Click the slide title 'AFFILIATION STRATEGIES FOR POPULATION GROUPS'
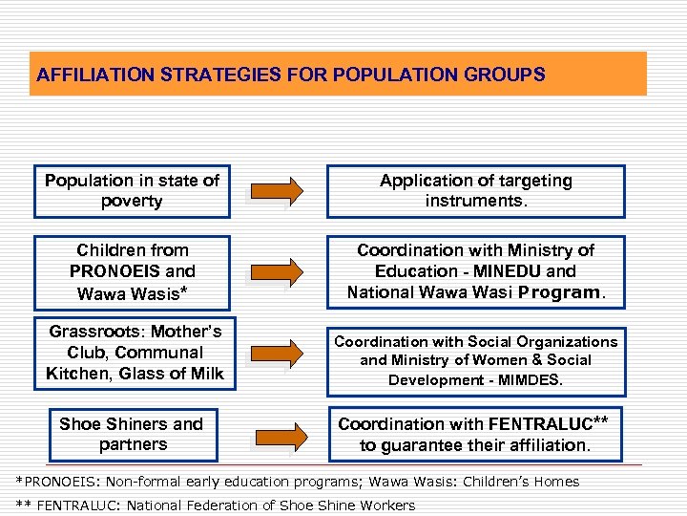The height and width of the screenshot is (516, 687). tap(290, 74)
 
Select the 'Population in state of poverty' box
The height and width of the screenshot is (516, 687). tap(132, 191)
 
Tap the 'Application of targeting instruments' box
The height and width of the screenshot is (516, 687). tap(475, 191)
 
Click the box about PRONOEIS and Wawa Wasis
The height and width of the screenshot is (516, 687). tap(132, 271)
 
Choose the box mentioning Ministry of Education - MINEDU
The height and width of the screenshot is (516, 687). tap(475, 271)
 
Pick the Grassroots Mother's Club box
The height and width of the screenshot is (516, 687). tap(134, 353)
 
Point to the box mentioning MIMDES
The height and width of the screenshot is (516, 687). tap(475, 360)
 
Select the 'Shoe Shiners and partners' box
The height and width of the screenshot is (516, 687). tap(132, 434)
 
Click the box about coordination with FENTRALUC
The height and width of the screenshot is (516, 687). tap(475, 434)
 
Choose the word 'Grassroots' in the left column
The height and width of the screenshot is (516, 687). tap(94, 332)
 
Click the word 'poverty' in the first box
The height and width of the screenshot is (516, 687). tap(132, 202)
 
